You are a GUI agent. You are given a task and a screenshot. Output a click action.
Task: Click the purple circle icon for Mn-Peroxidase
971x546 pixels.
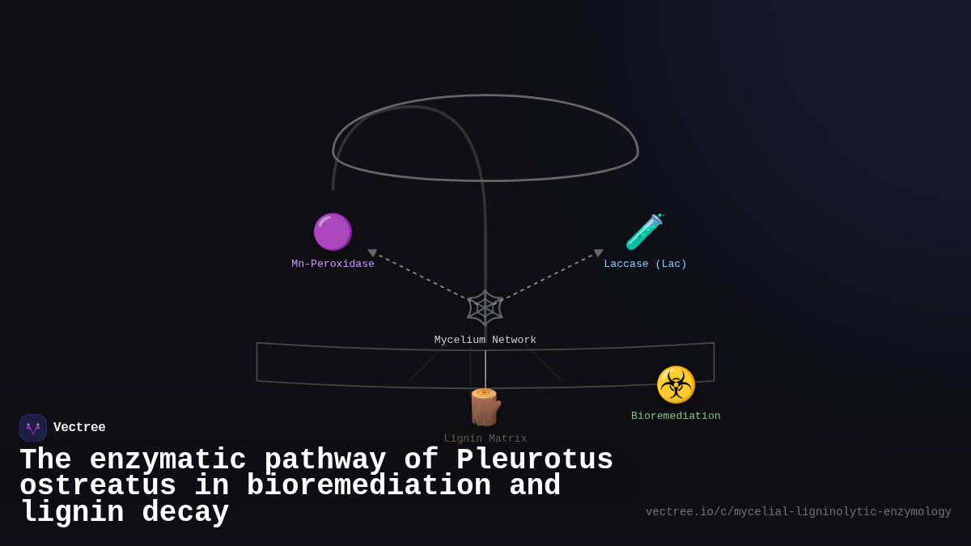[333, 232]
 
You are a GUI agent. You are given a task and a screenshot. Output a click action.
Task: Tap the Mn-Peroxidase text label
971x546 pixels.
[333, 264]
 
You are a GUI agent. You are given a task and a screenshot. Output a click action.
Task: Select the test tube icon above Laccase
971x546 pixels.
[645, 232]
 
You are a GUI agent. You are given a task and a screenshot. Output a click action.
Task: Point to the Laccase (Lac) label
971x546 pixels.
[645, 264]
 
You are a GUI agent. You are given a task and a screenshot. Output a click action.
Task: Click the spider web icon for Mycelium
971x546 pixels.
[485, 307]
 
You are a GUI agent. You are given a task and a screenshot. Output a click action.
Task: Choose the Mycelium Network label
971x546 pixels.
[485, 340]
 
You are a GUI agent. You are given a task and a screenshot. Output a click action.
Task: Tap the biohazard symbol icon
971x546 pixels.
[676, 385]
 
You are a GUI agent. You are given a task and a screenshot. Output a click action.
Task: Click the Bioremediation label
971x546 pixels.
[676, 416]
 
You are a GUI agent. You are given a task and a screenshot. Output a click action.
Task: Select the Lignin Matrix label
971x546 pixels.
[485, 438]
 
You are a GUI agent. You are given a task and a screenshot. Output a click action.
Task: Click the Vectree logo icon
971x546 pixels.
[33, 428]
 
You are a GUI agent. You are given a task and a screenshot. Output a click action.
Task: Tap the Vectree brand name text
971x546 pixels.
[79, 428]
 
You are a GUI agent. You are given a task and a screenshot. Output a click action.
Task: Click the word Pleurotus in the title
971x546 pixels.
[535, 460]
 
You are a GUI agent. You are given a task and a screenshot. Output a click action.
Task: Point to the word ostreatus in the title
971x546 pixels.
[98, 486]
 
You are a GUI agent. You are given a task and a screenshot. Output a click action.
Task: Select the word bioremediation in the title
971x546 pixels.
[368, 486]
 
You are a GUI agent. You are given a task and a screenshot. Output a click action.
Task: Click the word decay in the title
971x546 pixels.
[185, 513]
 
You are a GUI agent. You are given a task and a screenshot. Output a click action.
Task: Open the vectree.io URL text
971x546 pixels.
[798, 512]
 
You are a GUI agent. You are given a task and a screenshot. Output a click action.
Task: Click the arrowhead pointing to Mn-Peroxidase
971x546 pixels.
[372, 253]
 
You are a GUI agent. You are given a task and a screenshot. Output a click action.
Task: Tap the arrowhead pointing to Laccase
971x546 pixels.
[599, 253]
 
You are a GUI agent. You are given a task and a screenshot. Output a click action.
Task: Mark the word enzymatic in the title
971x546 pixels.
[167, 460]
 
